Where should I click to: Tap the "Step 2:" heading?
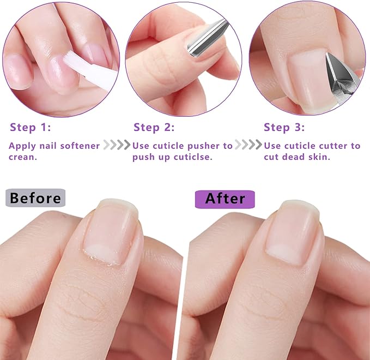point(154,128)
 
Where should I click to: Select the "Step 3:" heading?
point(284,128)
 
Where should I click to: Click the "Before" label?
point(35,199)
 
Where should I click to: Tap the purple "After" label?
point(225,199)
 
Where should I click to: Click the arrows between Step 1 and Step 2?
point(117,146)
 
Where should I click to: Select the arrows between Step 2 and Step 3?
point(248,146)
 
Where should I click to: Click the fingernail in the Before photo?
point(111,235)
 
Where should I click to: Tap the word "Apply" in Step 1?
point(22,146)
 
